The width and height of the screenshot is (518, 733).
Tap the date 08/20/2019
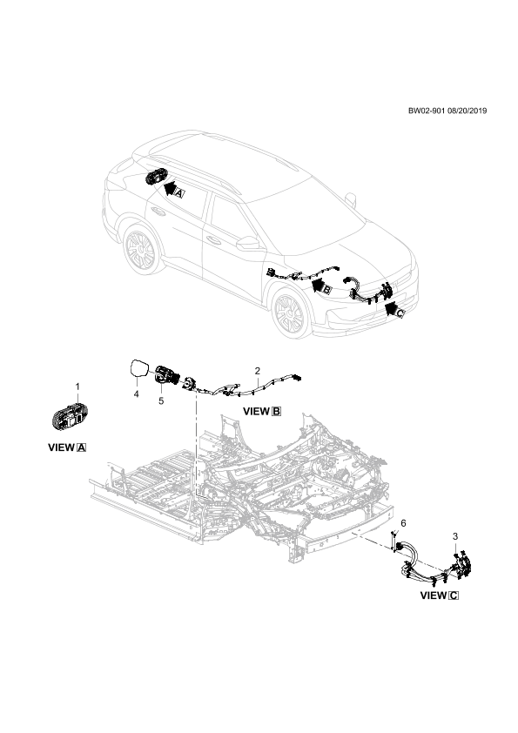[x=467, y=111]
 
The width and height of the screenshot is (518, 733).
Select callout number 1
[x=77, y=387]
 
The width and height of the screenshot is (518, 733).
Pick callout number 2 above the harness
[x=257, y=371]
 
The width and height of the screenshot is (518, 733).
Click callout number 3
[x=455, y=536]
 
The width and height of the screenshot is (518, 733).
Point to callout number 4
[x=136, y=394]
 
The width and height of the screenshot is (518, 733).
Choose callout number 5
[x=161, y=400]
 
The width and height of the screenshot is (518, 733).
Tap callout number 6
[x=403, y=523]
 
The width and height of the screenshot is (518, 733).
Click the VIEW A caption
[x=67, y=447]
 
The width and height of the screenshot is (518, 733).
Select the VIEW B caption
[x=262, y=412]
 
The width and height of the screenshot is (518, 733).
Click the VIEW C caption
[x=440, y=595]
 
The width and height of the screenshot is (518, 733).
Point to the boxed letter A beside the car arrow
[x=180, y=192]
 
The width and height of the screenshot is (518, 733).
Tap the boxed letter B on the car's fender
[x=327, y=290]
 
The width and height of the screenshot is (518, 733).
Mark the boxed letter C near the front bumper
[x=400, y=313]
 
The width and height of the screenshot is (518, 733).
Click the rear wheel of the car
[x=141, y=251]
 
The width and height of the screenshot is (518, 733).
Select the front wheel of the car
[x=293, y=313]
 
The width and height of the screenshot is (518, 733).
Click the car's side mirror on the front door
[x=249, y=243]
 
